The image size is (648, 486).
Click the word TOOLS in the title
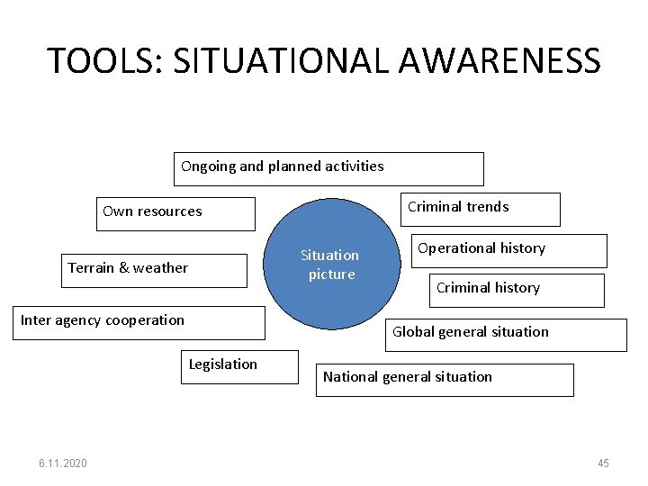(100, 61)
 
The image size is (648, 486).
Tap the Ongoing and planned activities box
(328, 168)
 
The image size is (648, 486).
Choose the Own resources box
(177, 213)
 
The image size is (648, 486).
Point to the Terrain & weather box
(154, 270)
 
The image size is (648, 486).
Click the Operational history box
(508, 250)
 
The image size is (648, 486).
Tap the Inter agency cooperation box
(142, 322)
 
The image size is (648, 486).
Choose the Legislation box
(238, 366)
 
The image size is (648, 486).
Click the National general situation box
(445, 379)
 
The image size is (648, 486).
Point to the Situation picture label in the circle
(330, 265)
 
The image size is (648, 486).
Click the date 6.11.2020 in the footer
(63, 463)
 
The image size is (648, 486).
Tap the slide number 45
(603, 463)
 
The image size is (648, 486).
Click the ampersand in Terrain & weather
(125, 267)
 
